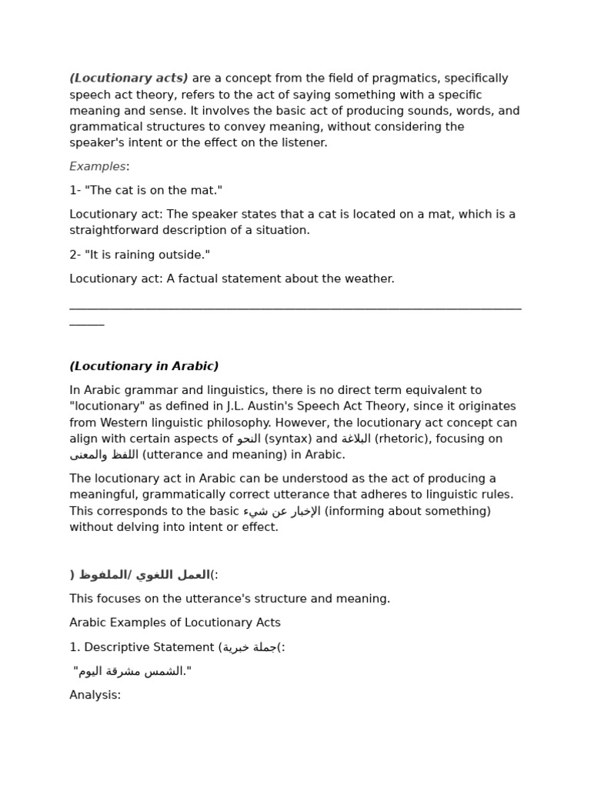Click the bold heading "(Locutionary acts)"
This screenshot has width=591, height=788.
point(129,78)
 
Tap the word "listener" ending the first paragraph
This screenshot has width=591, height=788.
point(303,142)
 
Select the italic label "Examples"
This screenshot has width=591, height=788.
point(98,166)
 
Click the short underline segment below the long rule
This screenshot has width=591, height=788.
point(86,324)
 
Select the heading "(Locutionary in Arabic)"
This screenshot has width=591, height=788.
point(144,366)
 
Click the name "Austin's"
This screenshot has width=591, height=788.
point(326,406)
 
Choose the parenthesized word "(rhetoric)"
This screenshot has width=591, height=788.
point(400,439)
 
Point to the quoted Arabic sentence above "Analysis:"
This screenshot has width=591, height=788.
point(132,671)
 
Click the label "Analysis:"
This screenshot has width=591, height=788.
point(95,695)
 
